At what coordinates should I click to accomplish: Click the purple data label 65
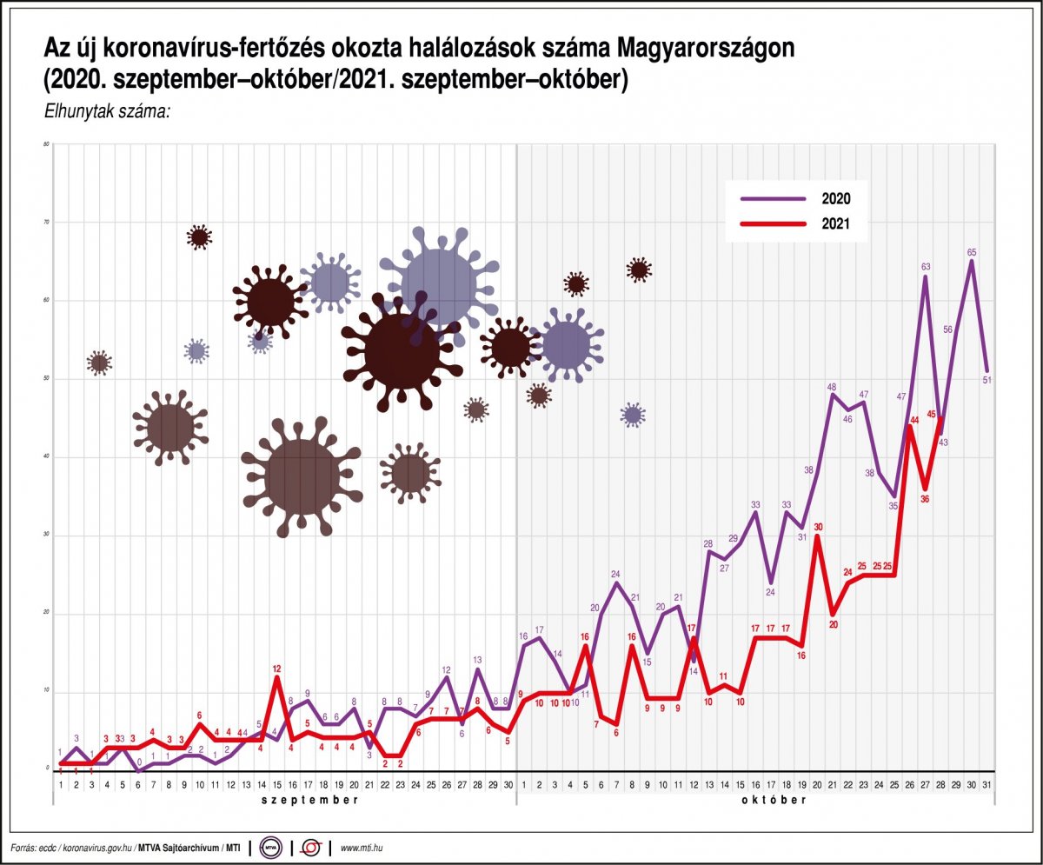pos(972,252)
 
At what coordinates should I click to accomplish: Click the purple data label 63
pos(926,267)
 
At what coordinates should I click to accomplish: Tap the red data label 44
pos(913,420)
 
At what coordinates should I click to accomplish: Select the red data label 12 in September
pos(276,669)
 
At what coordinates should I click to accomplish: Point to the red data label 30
pos(818,527)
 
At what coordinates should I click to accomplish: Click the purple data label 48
pos(832,387)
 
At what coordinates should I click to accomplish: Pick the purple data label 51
pos(987,379)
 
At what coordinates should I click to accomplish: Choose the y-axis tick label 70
pos(45,223)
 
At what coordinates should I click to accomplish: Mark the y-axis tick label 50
pos(45,379)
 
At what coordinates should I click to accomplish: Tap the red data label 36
pos(926,498)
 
